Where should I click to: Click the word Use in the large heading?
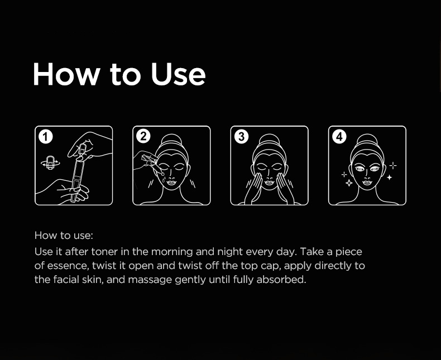(178, 74)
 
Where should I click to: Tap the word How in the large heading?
(66, 74)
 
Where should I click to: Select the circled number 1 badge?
(46, 137)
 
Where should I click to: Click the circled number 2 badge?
(143, 137)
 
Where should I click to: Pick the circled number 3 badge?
(241, 137)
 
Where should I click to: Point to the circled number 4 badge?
(339, 137)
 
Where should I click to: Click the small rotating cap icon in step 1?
(50, 162)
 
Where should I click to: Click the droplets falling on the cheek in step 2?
(163, 177)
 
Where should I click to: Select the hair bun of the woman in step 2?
(172, 140)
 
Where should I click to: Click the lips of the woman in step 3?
(270, 183)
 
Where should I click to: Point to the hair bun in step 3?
(270, 140)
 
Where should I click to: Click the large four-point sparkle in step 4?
(349, 183)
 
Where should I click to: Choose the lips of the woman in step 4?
(367, 183)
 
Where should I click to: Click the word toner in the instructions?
(104, 251)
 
